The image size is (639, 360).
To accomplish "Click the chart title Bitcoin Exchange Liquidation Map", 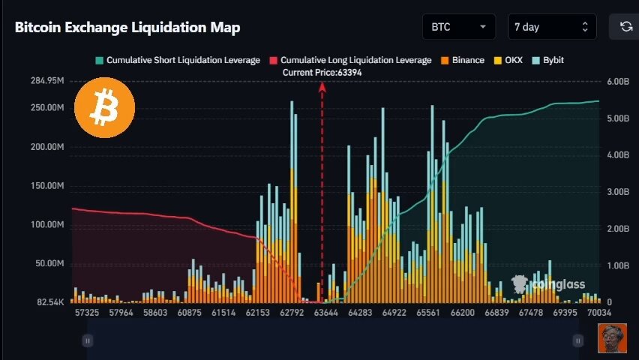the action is (x=127, y=27).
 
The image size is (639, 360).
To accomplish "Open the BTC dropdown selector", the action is (x=459, y=27).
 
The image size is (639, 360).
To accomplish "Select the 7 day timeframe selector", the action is (x=552, y=27).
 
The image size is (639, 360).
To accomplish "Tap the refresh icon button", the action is (x=626, y=27).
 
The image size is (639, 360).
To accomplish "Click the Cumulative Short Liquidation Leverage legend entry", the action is (x=178, y=60).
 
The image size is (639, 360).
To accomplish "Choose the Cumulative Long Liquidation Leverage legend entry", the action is (x=350, y=60).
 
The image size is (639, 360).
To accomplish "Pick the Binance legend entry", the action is (x=463, y=60).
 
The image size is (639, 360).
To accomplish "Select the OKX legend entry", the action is (x=508, y=60).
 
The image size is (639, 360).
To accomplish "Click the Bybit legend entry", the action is (x=548, y=60).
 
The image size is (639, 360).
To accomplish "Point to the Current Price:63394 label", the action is (x=322, y=73).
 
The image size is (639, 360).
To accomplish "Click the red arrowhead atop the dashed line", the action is (x=322, y=86).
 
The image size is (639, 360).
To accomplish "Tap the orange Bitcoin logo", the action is (x=105, y=108).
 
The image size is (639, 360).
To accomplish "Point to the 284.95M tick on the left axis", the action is (x=47, y=81).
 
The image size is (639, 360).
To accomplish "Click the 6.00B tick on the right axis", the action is (x=618, y=82).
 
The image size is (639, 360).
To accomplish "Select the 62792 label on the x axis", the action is (x=292, y=313).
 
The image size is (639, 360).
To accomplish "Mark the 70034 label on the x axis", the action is (x=599, y=313).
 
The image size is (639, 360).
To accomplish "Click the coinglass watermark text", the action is (x=559, y=284).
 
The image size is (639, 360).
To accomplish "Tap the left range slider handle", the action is (x=88, y=340).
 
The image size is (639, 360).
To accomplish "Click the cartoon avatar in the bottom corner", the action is (x=612, y=338).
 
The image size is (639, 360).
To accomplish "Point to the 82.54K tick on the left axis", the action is (x=50, y=302).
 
